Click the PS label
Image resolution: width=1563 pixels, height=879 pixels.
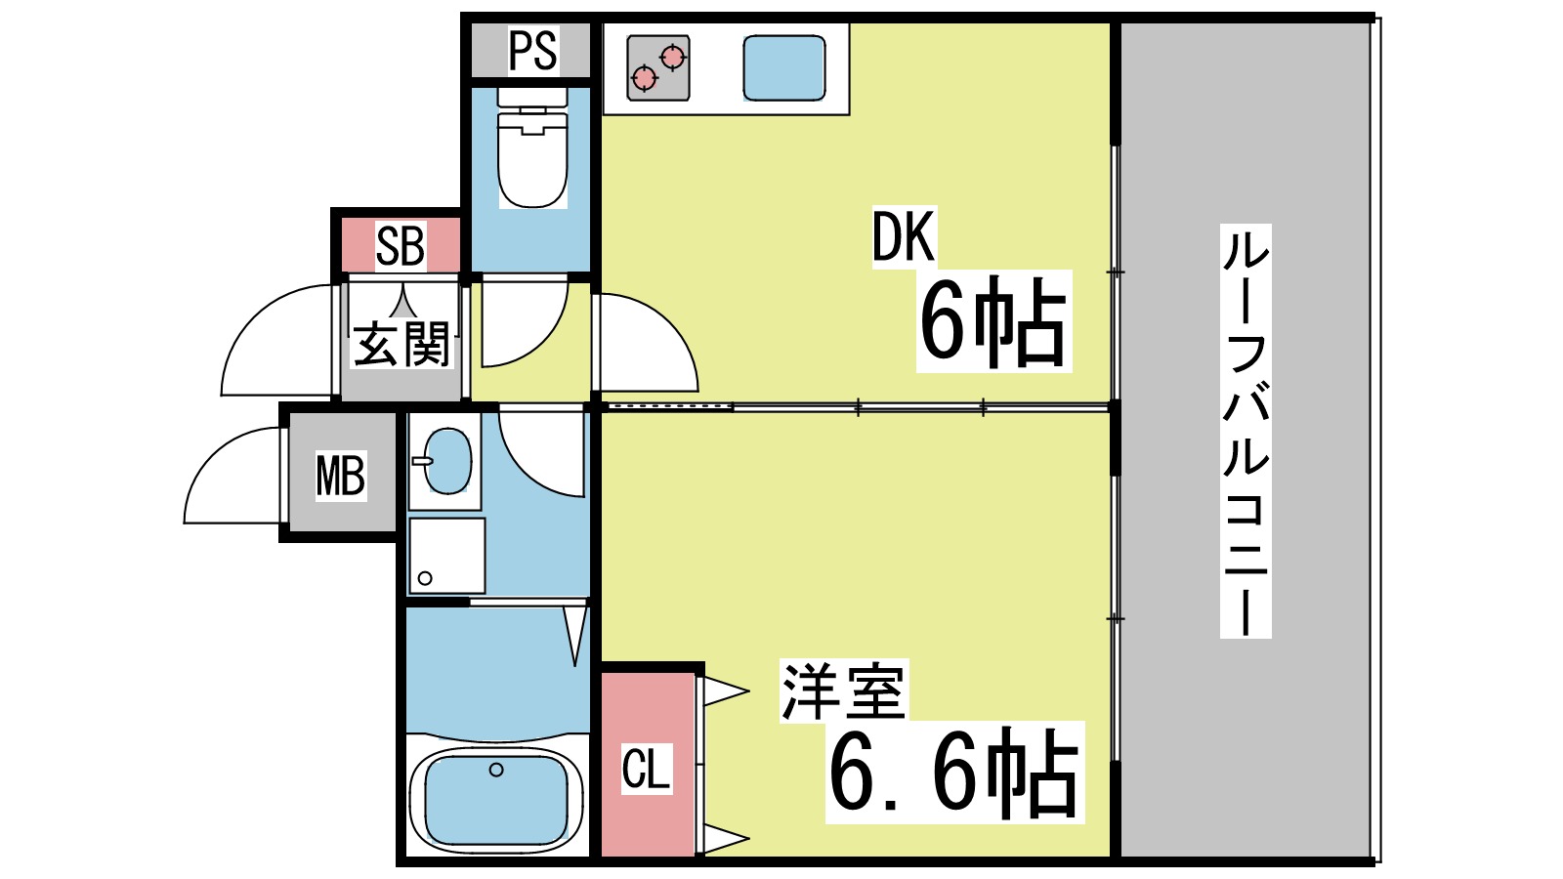pyautogui.click(x=532, y=50)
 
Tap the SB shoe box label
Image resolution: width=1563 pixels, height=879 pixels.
pyautogui.click(x=401, y=246)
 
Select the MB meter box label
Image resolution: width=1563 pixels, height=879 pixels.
pyautogui.click(x=340, y=476)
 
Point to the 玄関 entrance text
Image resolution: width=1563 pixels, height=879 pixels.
pyautogui.click(x=401, y=345)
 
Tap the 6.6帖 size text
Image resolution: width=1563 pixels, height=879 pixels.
pyautogui.click(x=954, y=773)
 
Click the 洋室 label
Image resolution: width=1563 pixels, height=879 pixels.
pyautogui.click(x=842, y=691)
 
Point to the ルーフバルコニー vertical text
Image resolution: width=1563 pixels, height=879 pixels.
pyautogui.click(x=1246, y=431)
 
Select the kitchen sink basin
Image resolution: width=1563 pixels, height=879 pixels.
pyautogui.click(x=783, y=68)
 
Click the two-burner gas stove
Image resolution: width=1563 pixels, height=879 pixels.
pyautogui.click(x=658, y=68)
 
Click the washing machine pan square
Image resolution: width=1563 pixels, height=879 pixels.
pyautogui.click(x=446, y=556)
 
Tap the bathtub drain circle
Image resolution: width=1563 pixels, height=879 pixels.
pyautogui.click(x=496, y=770)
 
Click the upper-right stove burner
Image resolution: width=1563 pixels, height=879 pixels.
pyautogui.click(x=672, y=57)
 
